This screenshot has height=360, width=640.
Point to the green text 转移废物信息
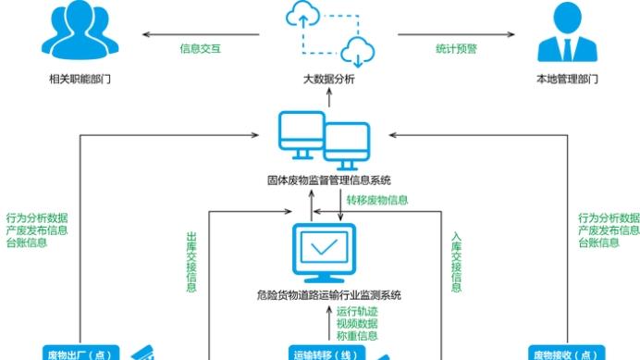(x=377, y=200)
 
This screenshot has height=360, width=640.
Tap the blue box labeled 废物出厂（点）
(x=80, y=353)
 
